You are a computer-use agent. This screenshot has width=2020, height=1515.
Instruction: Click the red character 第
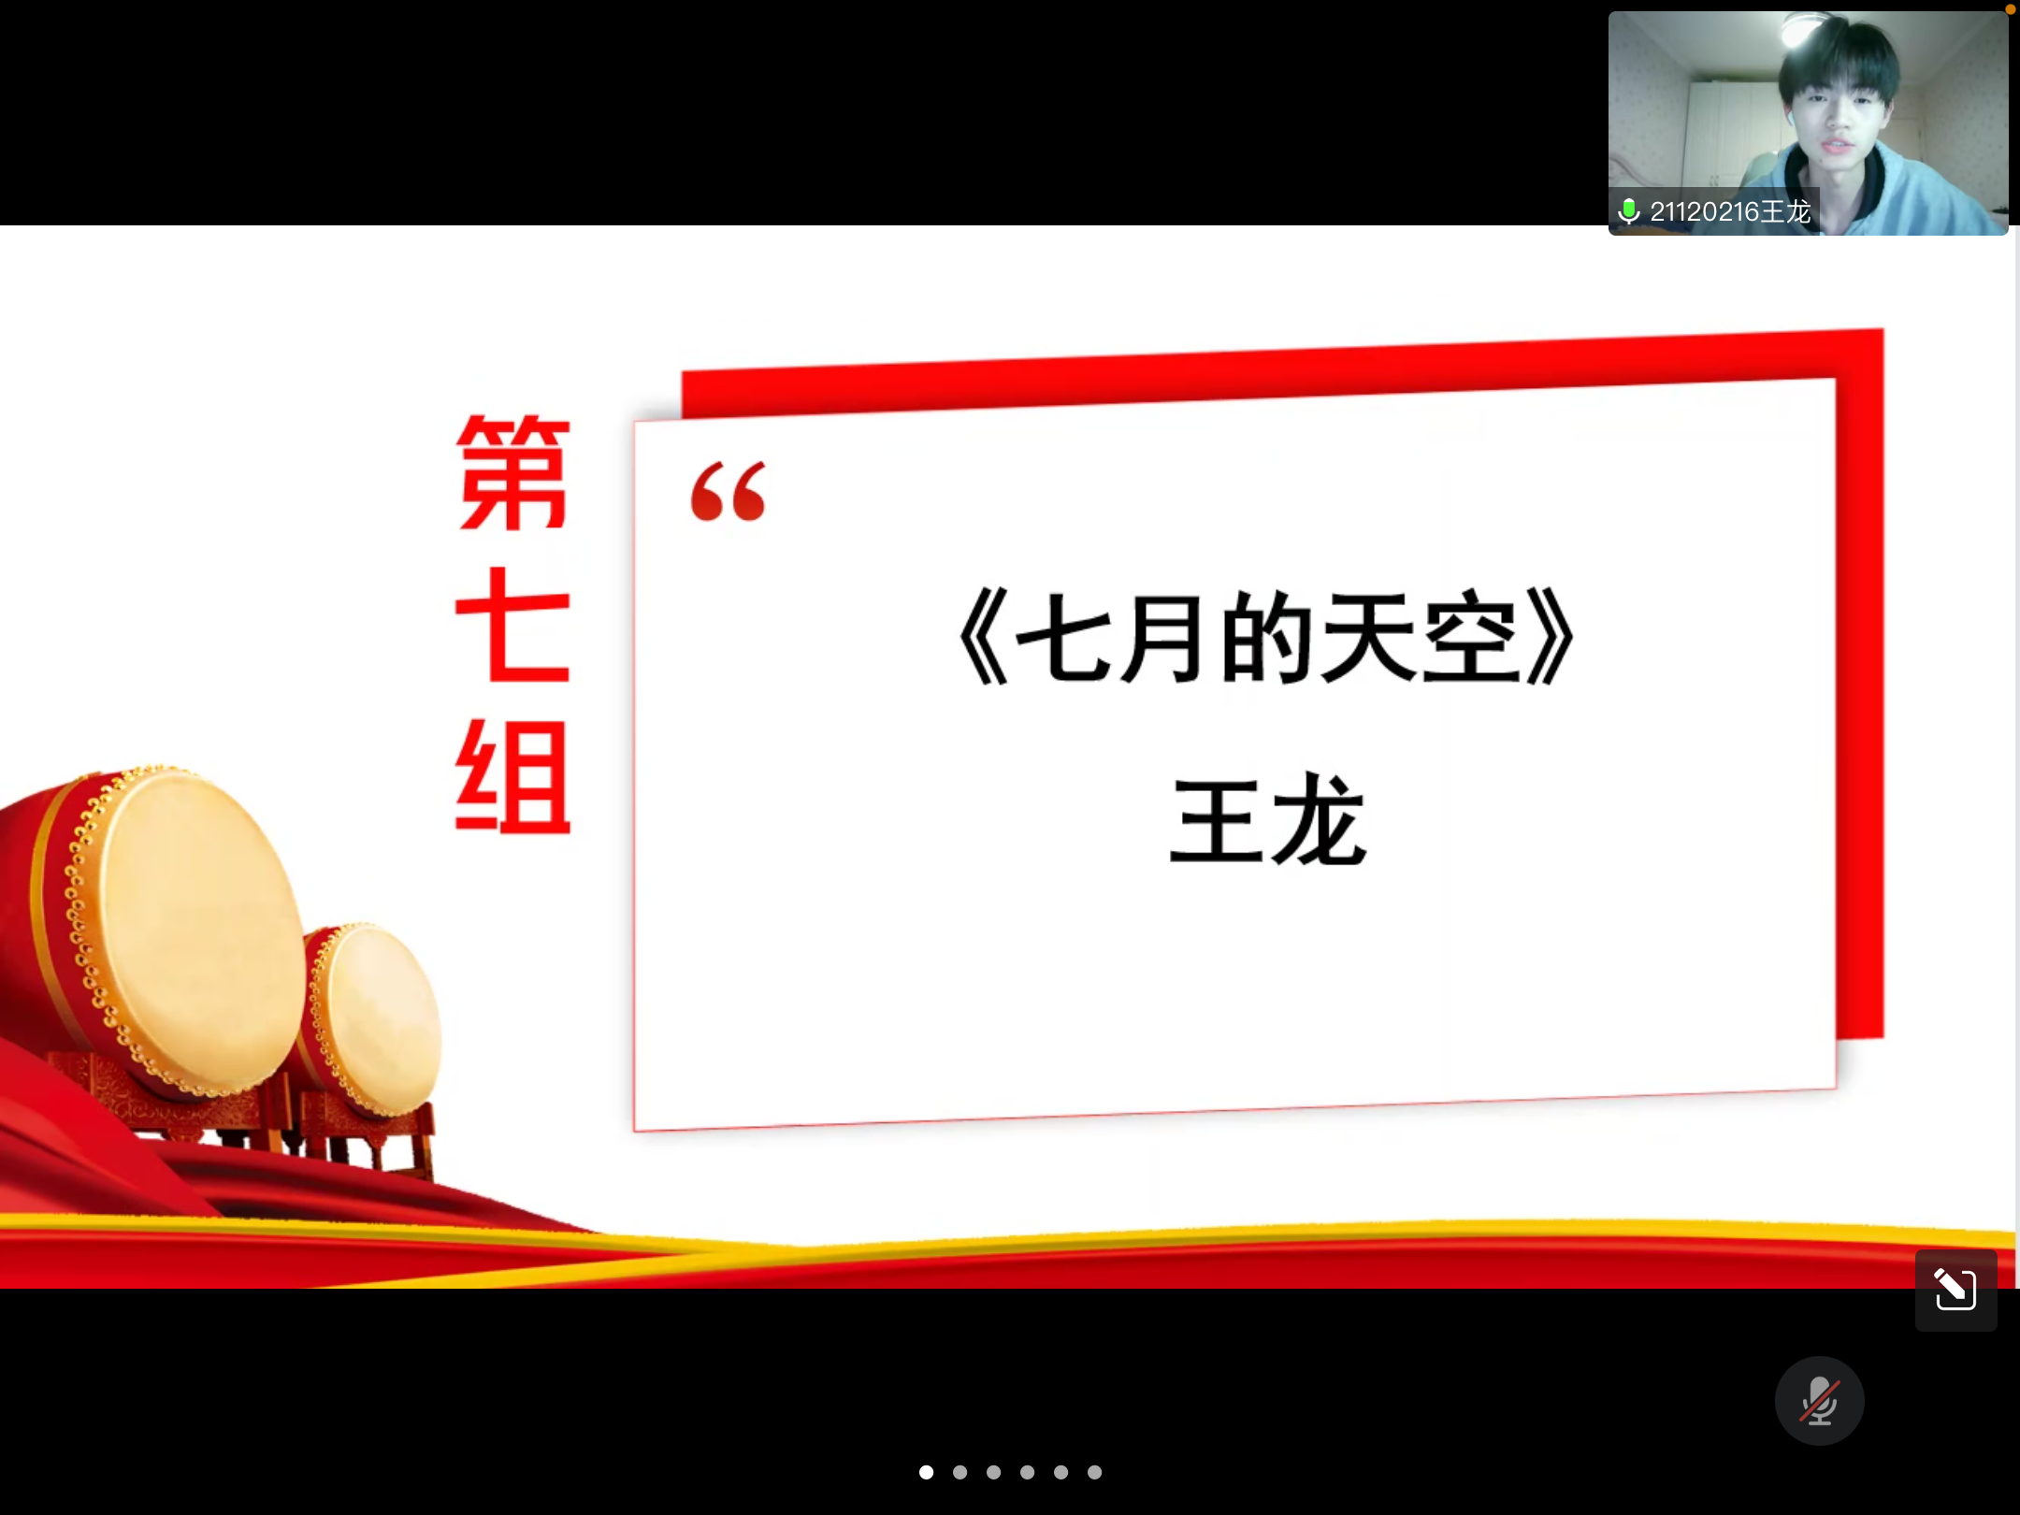point(512,472)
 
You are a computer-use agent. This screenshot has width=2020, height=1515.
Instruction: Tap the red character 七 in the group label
point(512,624)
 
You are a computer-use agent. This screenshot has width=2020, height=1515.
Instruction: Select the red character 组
point(512,775)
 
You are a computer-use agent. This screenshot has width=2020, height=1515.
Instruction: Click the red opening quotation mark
point(728,491)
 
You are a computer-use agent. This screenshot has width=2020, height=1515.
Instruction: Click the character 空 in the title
point(1471,639)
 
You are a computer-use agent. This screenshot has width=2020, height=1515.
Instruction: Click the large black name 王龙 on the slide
point(1267,820)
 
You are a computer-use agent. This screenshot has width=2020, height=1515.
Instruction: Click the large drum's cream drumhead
point(201,931)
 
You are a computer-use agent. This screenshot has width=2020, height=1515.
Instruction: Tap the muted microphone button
point(1819,1401)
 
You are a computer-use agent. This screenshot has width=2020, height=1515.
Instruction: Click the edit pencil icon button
point(1955,1291)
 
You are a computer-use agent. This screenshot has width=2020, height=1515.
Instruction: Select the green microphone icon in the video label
point(1628,211)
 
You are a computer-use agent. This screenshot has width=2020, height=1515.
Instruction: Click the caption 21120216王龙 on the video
point(1730,212)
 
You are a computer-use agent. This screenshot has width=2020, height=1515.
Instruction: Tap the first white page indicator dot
point(926,1472)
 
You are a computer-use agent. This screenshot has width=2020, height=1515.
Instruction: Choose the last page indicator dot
point(1094,1472)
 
